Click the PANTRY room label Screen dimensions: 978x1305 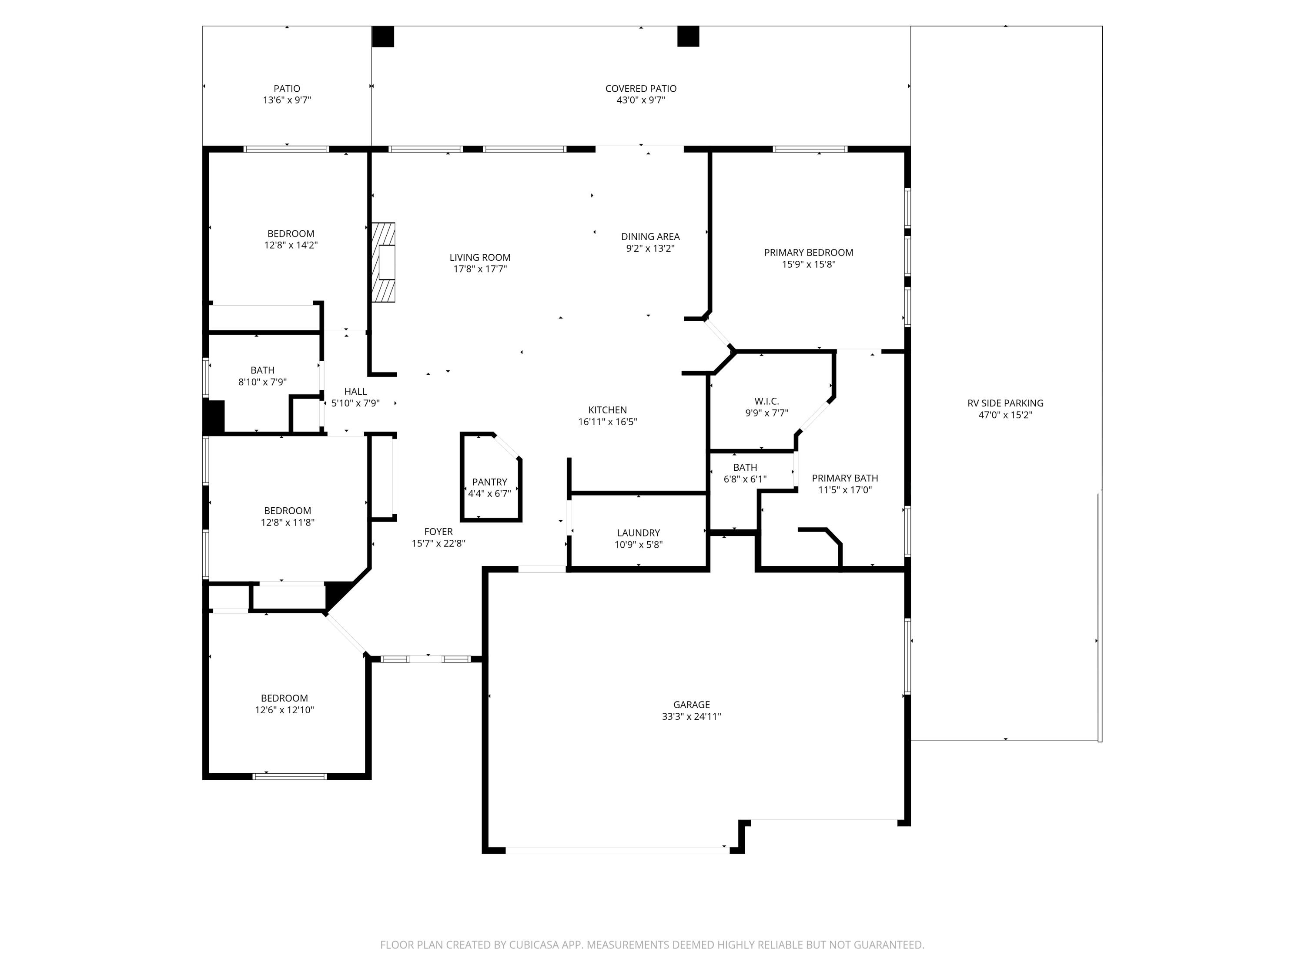pyautogui.click(x=489, y=482)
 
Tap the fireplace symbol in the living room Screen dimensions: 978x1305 pyautogui.click(x=384, y=263)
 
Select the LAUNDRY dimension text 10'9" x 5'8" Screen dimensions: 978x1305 pyautogui.click(x=638, y=545)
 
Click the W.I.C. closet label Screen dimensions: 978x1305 pyautogui.click(x=766, y=402)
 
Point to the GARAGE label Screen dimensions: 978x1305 pyautogui.click(x=692, y=705)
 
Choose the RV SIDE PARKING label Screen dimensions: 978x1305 pyautogui.click(x=1005, y=403)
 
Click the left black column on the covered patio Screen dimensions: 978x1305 pyautogui.click(x=383, y=37)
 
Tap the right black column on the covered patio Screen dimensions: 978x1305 pyautogui.click(x=688, y=37)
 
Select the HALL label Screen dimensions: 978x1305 pyautogui.click(x=355, y=392)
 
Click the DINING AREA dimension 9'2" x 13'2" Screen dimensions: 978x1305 pyautogui.click(x=650, y=248)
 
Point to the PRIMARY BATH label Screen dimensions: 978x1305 pyautogui.click(x=845, y=478)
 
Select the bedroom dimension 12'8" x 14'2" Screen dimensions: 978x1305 pyautogui.click(x=291, y=245)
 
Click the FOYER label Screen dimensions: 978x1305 pyautogui.click(x=438, y=532)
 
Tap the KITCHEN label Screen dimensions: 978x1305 pyautogui.click(x=607, y=410)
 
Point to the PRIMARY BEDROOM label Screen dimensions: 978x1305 pyautogui.click(x=808, y=252)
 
